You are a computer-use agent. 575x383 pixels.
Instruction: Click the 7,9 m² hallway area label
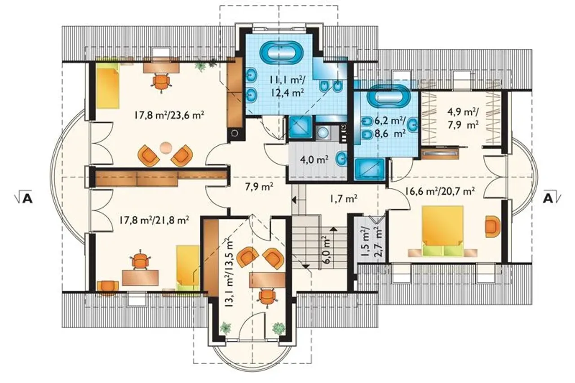pyautogui.click(x=259, y=187)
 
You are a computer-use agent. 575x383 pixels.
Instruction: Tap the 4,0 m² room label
pyautogui.click(x=314, y=160)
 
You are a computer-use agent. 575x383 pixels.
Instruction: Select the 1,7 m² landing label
pyautogui.click(x=344, y=198)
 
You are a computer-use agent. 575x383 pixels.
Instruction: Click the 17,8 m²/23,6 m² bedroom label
pyautogui.click(x=169, y=115)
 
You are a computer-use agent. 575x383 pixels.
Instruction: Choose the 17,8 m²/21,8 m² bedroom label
pyautogui.click(x=154, y=220)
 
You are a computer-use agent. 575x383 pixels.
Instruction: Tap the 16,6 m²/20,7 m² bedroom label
pyautogui.click(x=440, y=191)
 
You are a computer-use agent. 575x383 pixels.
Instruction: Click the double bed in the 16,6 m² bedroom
pyautogui.click(x=442, y=231)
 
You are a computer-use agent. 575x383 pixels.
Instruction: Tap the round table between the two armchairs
pyautogui.click(x=165, y=148)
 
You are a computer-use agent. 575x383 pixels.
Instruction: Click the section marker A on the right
pyautogui.click(x=551, y=198)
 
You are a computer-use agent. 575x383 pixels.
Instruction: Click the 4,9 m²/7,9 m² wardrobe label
pyautogui.click(x=463, y=118)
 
